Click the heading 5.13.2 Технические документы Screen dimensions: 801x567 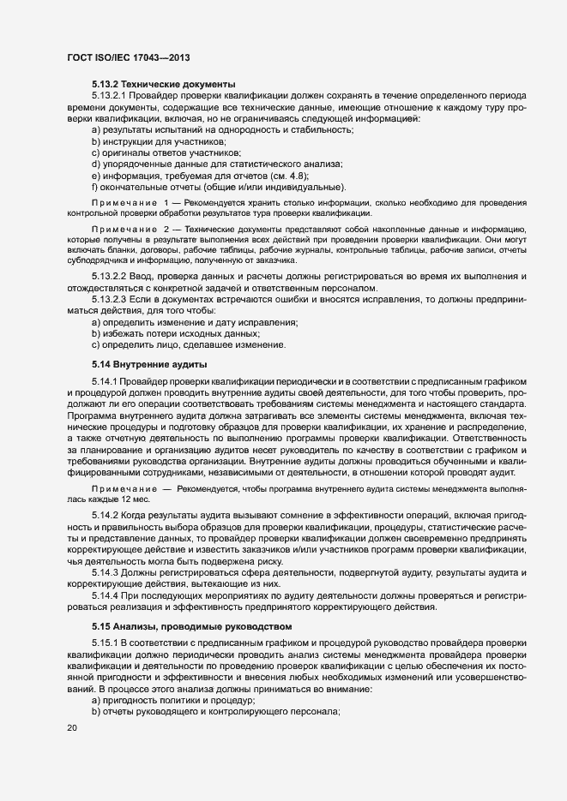tap(163, 84)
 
